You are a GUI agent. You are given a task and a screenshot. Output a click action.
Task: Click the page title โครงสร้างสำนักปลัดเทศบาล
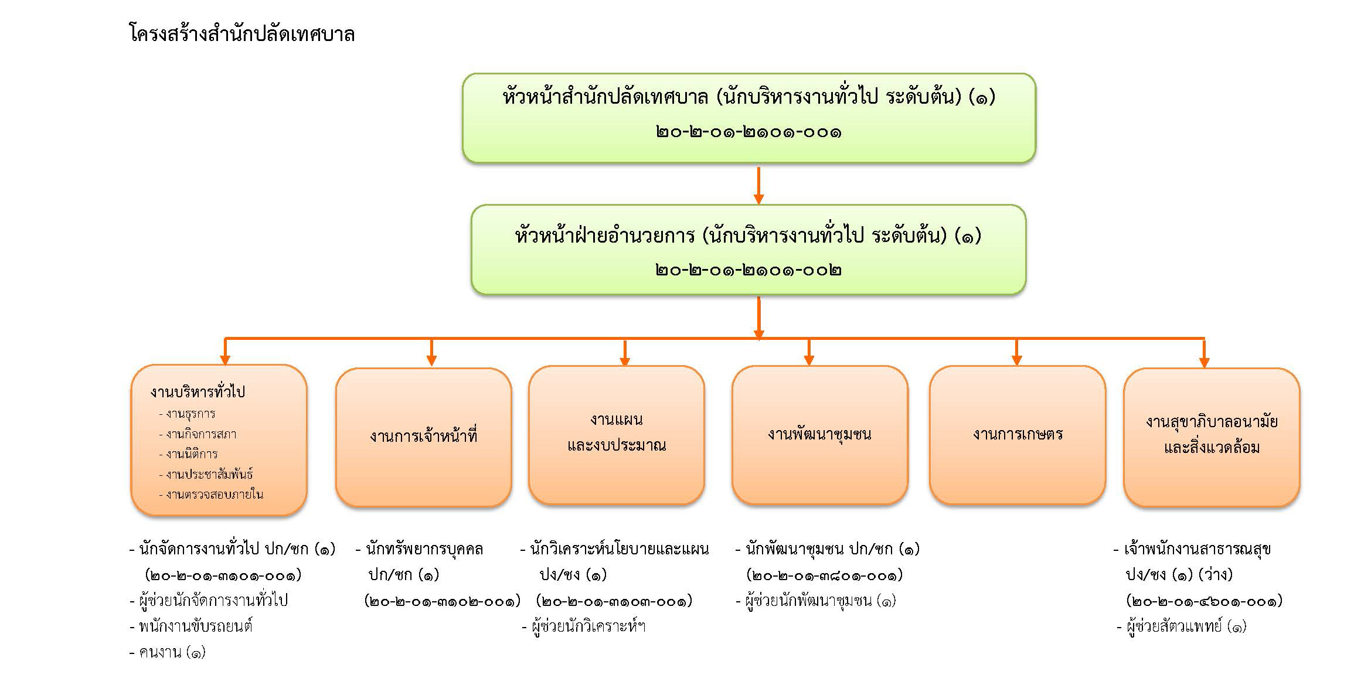241,34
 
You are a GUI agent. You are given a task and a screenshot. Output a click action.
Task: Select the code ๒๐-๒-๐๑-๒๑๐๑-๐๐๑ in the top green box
749,132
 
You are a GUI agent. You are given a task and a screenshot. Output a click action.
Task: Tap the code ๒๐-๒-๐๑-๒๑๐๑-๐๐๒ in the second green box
749,270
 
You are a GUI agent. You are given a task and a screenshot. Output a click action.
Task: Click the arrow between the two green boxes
758,185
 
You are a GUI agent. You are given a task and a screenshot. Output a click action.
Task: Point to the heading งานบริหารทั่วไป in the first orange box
198,391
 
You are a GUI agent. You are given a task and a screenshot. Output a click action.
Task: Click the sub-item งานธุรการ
187,414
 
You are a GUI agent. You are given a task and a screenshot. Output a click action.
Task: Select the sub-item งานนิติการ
188,454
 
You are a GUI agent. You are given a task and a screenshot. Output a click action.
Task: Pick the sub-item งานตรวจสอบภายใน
211,494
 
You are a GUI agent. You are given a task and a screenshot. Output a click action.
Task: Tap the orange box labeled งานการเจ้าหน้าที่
424,437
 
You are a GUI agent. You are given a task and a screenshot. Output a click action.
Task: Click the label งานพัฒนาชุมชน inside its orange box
819,434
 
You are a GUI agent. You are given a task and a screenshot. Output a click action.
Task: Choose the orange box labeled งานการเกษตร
1018,435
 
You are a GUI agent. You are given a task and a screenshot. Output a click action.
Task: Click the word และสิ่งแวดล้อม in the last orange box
1212,448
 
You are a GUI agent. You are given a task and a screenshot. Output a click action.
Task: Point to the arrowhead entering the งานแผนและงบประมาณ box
625,361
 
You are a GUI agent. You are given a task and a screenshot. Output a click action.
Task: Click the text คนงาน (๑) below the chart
168,652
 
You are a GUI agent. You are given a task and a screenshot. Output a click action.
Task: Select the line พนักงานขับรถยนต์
191,626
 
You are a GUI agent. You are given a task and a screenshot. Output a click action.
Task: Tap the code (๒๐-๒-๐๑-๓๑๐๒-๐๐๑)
443,601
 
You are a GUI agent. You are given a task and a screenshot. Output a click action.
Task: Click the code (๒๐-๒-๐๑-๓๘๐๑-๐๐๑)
825,575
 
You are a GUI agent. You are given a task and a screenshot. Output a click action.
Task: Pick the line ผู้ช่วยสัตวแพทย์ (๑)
1182,626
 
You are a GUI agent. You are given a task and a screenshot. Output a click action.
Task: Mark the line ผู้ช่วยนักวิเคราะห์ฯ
584,626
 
